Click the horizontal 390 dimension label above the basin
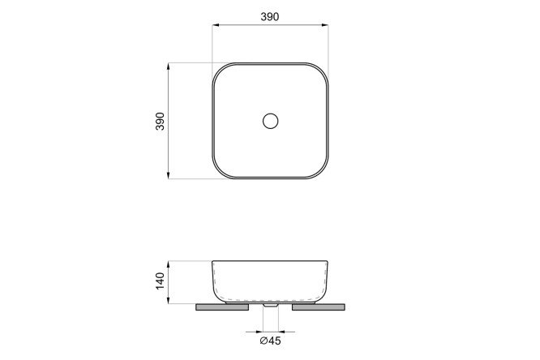pos(270,16)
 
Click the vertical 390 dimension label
pos(161,121)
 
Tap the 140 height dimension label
pos(161,281)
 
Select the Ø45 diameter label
pos(270,341)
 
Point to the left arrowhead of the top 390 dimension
pos(216,25)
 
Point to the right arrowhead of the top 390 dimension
pos(324,25)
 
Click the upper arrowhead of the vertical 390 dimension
pos(169,66)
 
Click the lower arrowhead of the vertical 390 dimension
pos(169,175)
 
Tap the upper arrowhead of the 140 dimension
pos(169,264)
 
